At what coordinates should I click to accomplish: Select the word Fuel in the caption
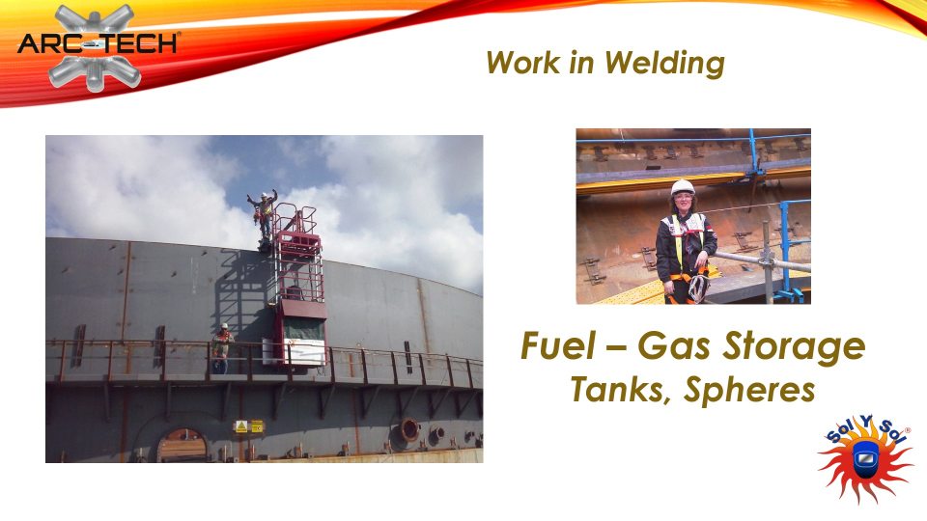click(557, 345)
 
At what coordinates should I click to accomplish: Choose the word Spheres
click(749, 391)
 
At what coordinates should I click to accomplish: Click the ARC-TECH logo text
click(98, 43)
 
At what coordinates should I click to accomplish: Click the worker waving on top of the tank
click(263, 215)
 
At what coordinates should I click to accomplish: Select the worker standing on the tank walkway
click(221, 348)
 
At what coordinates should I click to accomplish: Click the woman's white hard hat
click(683, 187)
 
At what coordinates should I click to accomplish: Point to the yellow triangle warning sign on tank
click(241, 425)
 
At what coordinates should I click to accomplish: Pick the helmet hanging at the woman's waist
click(697, 288)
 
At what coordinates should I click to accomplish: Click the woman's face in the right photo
click(683, 204)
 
